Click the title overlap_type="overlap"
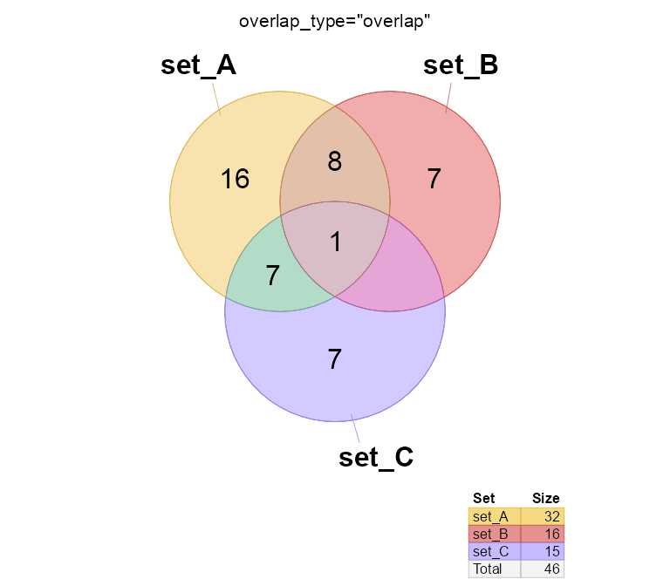click(x=335, y=21)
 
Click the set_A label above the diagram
click(x=198, y=66)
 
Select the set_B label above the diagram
click(x=460, y=66)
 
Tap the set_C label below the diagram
click(x=375, y=458)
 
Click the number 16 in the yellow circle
click(x=235, y=180)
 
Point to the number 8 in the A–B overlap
click(x=334, y=162)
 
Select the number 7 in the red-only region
click(x=434, y=179)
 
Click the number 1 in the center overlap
click(x=336, y=242)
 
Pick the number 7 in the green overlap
click(x=273, y=276)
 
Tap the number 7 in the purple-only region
click(x=334, y=358)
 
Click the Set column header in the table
click(x=483, y=499)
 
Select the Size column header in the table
click(x=545, y=499)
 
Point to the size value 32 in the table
click(x=551, y=516)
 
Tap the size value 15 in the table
click(x=551, y=551)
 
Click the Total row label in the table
click(x=488, y=569)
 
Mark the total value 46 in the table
click(x=551, y=569)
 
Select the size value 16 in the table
click(x=551, y=534)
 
